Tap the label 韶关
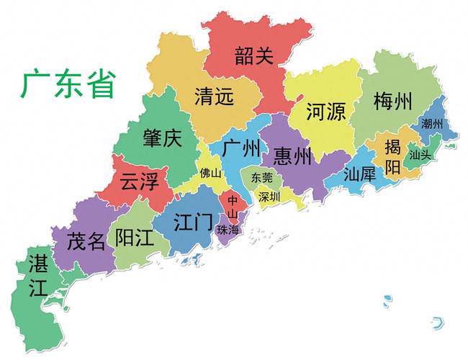(254, 54)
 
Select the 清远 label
(214, 96)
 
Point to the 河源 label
(325, 112)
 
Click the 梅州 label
(392, 102)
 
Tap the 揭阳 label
(392, 158)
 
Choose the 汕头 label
(420, 154)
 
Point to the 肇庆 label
(162, 138)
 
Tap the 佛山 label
(211, 174)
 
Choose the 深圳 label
(269, 197)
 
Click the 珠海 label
(230, 229)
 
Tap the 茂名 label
(86, 240)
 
